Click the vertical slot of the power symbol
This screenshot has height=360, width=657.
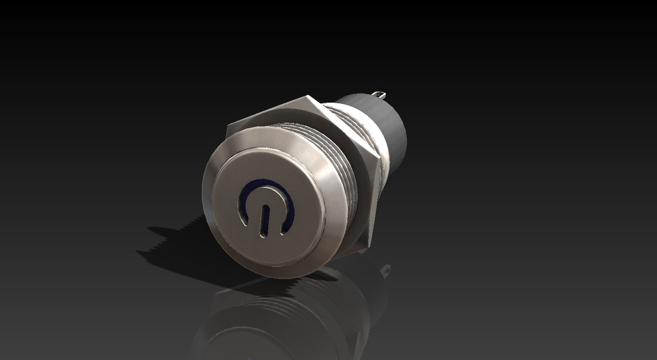tap(262, 218)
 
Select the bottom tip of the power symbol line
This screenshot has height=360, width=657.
tap(261, 233)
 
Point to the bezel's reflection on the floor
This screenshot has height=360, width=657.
tap(260, 322)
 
